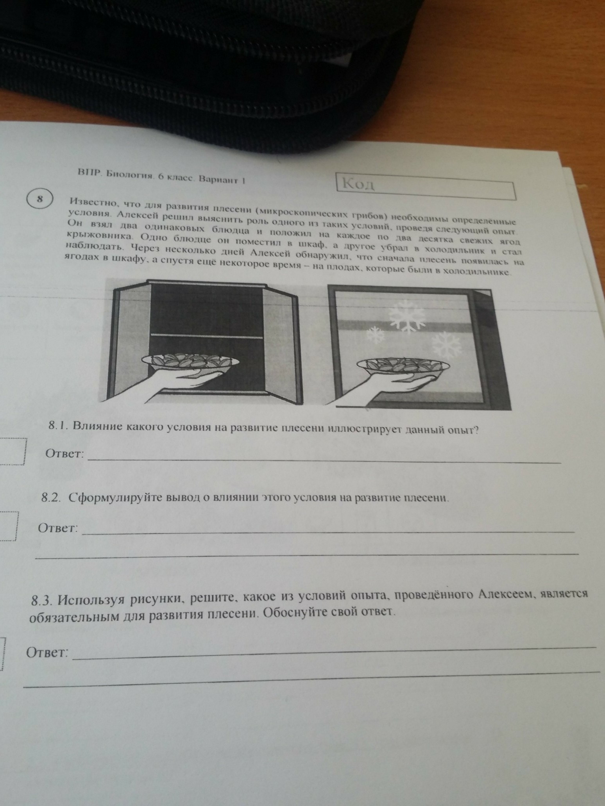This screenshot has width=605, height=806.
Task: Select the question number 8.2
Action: (x=52, y=497)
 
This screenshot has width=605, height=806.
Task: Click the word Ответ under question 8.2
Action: (x=58, y=528)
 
